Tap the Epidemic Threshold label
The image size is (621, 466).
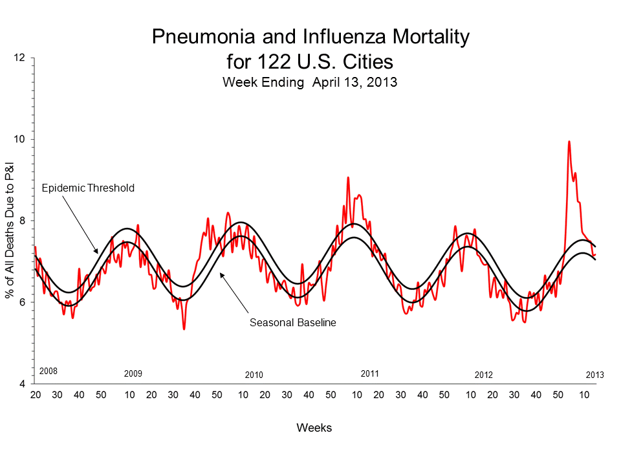click(x=88, y=188)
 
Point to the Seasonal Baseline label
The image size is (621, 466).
click(x=293, y=322)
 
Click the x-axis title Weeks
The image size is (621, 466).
click(x=314, y=428)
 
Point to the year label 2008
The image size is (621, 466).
click(x=49, y=372)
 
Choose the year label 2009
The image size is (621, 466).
click(x=133, y=374)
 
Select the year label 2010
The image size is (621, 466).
click(x=254, y=375)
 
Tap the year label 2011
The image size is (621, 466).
click(x=369, y=373)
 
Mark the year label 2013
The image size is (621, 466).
click(x=594, y=375)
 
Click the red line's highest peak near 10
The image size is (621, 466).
click(x=569, y=142)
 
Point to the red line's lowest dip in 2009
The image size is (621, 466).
click(x=184, y=329)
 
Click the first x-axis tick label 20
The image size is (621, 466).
click(x=36, y=395)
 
